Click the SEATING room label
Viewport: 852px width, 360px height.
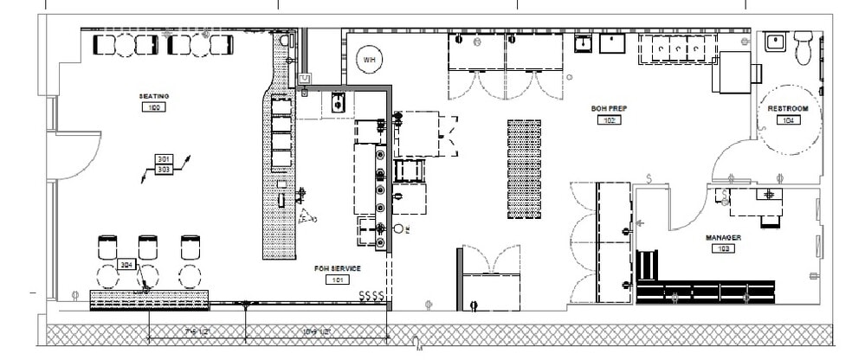[153, 95]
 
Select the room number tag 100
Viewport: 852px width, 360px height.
[153, 106]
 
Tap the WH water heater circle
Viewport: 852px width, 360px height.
[370, 59]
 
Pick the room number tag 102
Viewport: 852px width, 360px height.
[608, 120]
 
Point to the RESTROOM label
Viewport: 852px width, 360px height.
[787, 109]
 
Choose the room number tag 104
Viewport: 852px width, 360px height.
[787, 120]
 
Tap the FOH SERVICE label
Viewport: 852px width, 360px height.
[337, 268]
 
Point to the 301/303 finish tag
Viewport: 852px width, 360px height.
[165, 164]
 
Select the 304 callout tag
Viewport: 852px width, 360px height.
[126, 265]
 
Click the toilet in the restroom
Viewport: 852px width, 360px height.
[804, 49]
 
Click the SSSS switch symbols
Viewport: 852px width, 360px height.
[373, 297]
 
